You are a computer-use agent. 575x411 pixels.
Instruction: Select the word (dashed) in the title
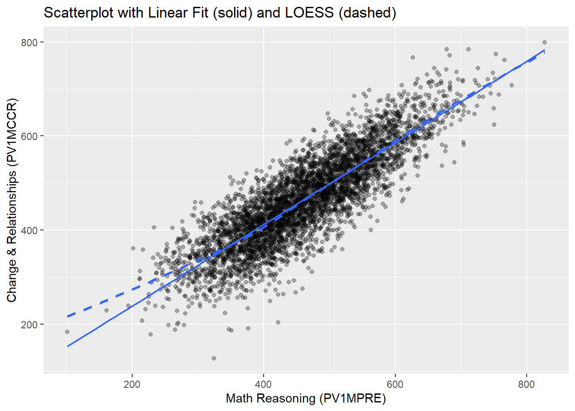[367, 13]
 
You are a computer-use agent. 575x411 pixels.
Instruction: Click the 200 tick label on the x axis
[132, 384]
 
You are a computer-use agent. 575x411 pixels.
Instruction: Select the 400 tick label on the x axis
[263, 384]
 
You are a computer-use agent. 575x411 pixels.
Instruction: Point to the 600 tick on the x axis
[394, 384]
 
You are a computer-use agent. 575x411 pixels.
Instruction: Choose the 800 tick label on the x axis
[526, 384]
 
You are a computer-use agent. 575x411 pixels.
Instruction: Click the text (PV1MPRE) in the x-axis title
[352, 399]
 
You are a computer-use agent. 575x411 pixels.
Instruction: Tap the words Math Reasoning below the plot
[270, 399]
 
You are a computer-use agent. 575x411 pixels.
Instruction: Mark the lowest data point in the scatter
[214, 358]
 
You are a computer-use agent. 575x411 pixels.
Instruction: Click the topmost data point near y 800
[544, 42]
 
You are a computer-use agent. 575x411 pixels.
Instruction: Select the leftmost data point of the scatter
[67, 332]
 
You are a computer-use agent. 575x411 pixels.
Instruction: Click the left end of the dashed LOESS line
[68, 316]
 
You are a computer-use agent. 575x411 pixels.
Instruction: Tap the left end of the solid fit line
[68, 346]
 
